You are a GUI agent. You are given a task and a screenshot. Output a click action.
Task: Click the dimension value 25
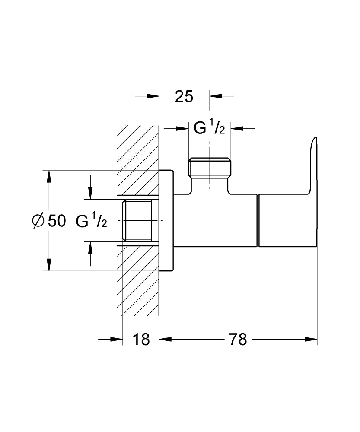(184, 97)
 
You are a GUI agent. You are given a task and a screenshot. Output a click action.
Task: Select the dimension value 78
(238, 340)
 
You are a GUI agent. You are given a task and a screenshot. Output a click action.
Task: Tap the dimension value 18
(141, 340)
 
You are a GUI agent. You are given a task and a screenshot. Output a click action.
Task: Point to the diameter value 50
(57, 221)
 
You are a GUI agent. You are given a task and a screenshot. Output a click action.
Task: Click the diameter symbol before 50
(38, 221)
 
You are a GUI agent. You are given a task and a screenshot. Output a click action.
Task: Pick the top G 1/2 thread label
(209, 128)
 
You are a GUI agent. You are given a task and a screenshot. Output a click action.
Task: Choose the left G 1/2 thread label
(91, 221)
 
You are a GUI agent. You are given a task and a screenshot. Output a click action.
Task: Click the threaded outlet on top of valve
(210, 168)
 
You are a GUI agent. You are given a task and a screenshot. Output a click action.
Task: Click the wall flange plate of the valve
(166, 220)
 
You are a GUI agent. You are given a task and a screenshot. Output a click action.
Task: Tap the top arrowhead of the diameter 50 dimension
(49, 176)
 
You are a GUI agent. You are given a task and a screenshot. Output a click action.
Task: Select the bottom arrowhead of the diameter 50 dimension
(49, 265)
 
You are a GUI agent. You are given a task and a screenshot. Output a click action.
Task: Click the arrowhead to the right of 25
(215, 96)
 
